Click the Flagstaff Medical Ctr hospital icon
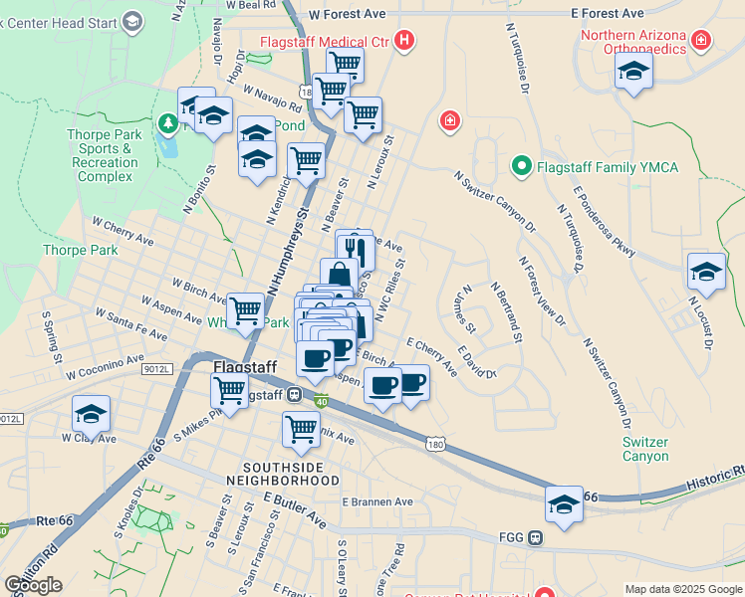tap(404, 41)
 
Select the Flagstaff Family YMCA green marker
tap(520, 166)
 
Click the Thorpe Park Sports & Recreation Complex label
tap(105, 155)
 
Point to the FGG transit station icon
tap(536, 538)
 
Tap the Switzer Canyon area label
tap(645, 449)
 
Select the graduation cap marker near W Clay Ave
tap(92, 414)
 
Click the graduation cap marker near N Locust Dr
tap(706, 272)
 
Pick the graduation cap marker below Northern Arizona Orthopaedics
tap(633, 72)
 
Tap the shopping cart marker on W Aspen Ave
tap(245, 310)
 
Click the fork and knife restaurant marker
tap(354, 249)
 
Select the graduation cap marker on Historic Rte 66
tap(564, 504)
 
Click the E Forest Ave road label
tap(608, 14)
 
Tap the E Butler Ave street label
tap(295, 507)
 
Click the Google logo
tap(33, 585)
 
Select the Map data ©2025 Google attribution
tap(682, 589)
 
